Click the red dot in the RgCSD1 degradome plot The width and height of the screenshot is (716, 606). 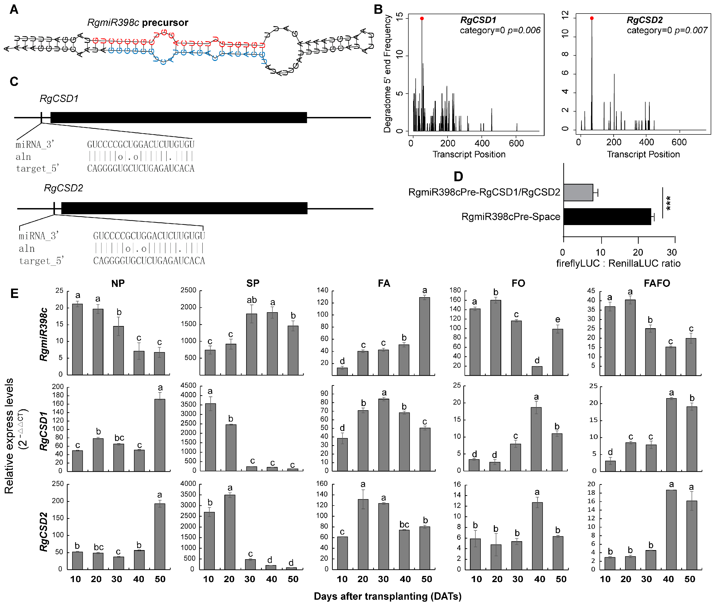[x=422, y=18]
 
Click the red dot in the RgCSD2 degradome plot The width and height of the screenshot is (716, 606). [x=591, y=18]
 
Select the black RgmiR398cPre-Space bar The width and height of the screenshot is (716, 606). [x=607, y=216]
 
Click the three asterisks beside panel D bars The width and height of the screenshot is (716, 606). [x=668, y=203]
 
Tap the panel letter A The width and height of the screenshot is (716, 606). [x=14, y=9]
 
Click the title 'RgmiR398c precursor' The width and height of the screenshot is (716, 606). [x=137, y=23]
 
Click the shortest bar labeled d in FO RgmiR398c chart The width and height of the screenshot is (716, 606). [x=537, y=371]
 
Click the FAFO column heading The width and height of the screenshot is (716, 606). [x=657, y=283]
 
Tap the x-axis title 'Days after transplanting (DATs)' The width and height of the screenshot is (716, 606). [x=387, y=596]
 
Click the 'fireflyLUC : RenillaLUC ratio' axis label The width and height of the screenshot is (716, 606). [x=618, y=263]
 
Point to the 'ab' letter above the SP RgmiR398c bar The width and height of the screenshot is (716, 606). [x=251, y=300]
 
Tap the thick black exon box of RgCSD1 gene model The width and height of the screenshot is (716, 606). [x=178, y=117]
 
